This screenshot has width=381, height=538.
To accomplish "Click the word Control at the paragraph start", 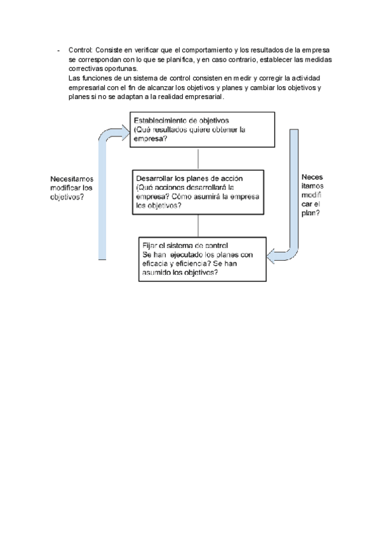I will coord(80,50).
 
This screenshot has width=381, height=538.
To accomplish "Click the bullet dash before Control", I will coord(58,50).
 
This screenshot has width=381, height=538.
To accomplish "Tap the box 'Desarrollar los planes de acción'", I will coord(199,192).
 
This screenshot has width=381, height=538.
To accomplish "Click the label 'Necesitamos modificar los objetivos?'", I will coord(71,188).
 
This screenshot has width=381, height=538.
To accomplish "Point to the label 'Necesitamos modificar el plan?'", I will coord(312,195).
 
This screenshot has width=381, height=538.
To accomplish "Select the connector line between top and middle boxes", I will coord(199,159).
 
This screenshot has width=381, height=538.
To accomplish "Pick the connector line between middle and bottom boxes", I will coord(199,225).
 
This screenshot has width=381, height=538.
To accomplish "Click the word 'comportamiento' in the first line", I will coord(193,50).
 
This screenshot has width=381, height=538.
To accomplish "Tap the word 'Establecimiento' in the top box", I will coord(156,120).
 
